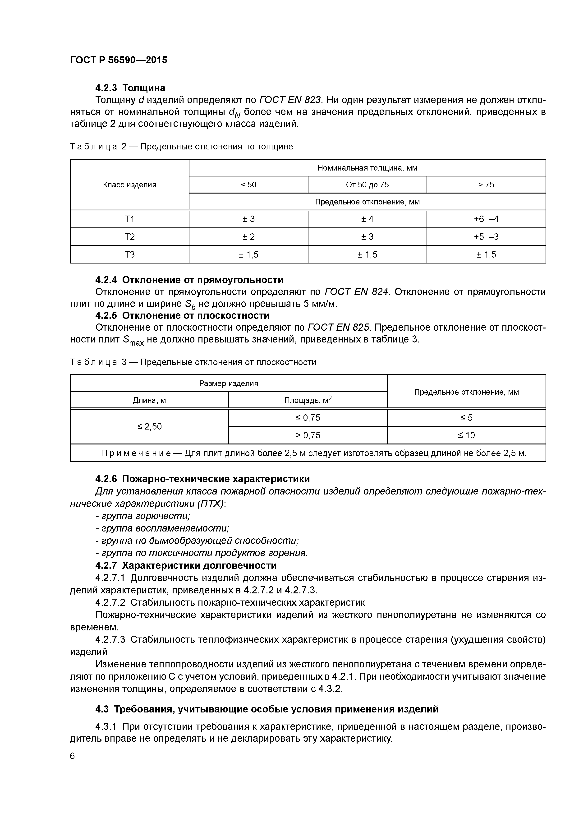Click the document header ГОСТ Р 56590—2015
click(x=119, y=60)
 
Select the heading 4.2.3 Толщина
click(x=130, y=88)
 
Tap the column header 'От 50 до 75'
click(x=367, y=185)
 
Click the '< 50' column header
click(x=248, y=185)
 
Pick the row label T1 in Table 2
click(x=129, y=219)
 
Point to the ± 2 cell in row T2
click(x=248, y=237)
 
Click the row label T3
click(x=129, y=255)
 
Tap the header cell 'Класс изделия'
click(x=129, y=185)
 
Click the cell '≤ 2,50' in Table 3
click(x=149, y=426)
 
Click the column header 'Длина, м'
click(x=149, y=400)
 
